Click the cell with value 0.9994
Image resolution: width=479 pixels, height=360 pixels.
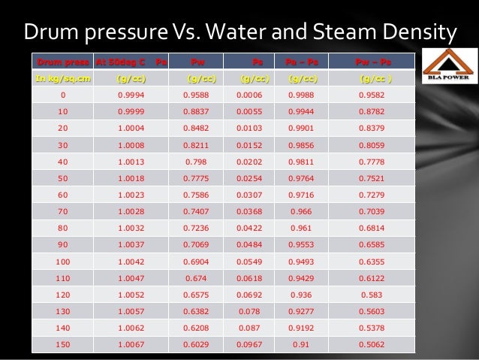click(x=131, y=95)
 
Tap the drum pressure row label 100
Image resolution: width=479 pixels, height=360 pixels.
click(x=62, y=261)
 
